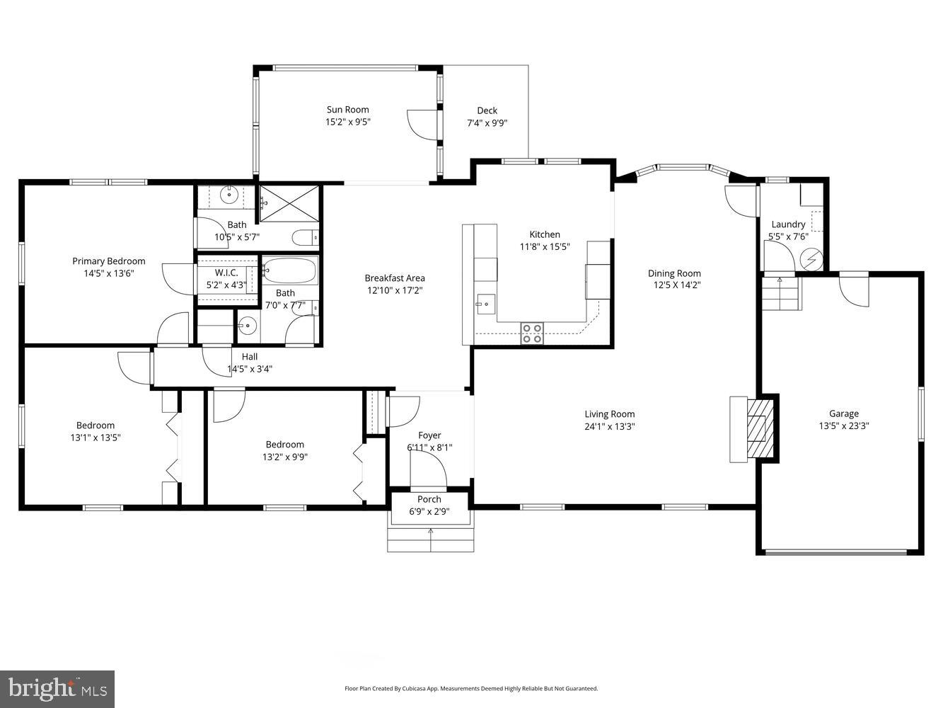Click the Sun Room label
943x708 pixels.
coord(347,110)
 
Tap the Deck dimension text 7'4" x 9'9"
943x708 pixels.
coord(487,122)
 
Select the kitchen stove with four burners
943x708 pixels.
coord(531,333)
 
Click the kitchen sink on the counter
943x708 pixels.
coord(485,304)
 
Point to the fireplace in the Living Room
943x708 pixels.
coord(760,429)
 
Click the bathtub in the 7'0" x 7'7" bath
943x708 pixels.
coord(290,270)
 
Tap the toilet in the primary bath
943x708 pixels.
coord(306,237)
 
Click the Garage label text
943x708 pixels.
coord(843,413)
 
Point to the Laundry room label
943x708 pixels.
coord(788,224)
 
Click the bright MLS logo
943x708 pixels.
coord(57,688)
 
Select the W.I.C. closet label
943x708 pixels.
coord(221,273)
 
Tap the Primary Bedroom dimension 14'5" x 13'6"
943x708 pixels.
coord(108,273)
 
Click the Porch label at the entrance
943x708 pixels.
coord(429,499)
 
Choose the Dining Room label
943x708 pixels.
coord(674,273)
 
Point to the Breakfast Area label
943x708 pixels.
coord(395,278)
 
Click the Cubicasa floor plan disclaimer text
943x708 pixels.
coord(471,688)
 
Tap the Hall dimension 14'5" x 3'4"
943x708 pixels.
coord(250,369)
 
